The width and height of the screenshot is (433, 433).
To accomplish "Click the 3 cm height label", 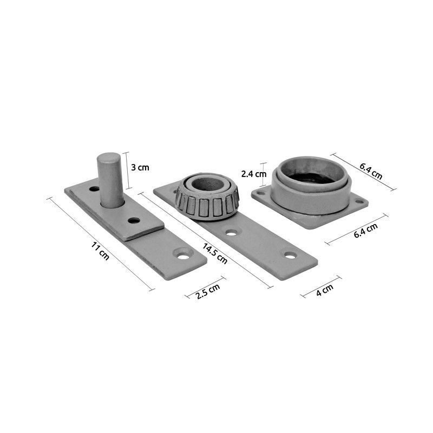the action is (x=140, y=167).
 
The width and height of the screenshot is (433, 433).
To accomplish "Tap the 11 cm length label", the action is (x=100, y=251).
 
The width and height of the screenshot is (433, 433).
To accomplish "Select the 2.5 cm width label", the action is (x=208, y=291).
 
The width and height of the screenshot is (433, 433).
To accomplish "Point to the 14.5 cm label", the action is (x=215, y=253).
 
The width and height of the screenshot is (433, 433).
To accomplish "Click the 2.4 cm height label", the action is (x=254, y=174).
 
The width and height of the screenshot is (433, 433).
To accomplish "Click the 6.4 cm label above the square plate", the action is (x=371, y=171).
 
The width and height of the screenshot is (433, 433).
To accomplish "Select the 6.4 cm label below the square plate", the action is (x=366, y=231).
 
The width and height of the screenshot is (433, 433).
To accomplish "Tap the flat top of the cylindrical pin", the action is (x=109, y=158).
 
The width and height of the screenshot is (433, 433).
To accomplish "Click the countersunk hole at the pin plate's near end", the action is (x=183, y=256).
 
